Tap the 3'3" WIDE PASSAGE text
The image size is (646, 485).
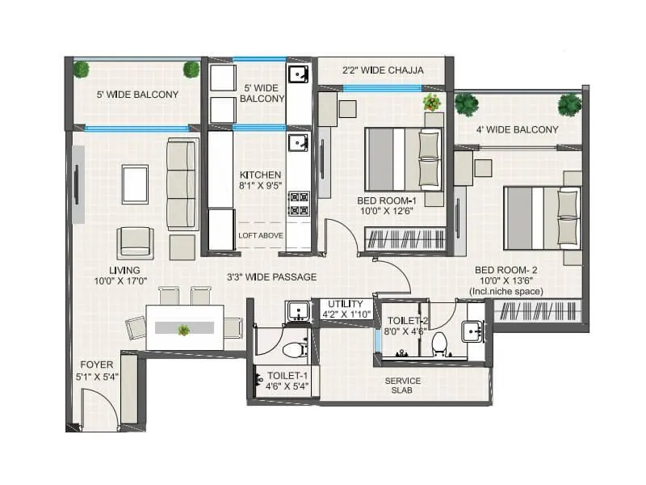(272, 277)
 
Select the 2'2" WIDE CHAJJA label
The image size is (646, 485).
(383, 70)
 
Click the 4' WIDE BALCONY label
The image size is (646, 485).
(517, 129)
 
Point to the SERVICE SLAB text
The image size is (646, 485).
(401, 385)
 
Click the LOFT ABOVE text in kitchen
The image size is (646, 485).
(260, 235)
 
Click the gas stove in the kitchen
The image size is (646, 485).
(299, 203)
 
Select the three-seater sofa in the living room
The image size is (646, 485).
(182, 185)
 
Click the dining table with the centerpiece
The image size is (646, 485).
(184, 327)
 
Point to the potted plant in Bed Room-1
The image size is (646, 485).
(432, 102)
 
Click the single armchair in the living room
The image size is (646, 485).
(135, 242)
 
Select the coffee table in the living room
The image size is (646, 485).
(135, 183)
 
